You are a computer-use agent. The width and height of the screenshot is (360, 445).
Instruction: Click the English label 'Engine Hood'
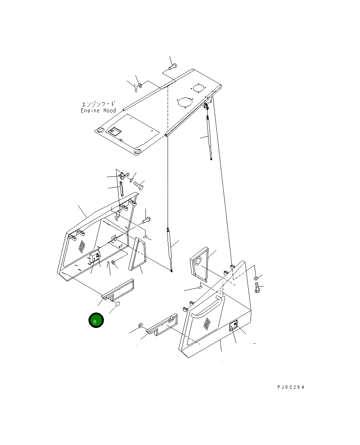(x=98, y=110)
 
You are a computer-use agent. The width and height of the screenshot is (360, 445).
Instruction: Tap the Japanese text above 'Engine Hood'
(x=98, y=104)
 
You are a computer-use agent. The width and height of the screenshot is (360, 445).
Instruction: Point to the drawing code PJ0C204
(x=291, y=387)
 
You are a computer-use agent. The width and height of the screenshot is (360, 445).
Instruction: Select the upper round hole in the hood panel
(x=198, y=88)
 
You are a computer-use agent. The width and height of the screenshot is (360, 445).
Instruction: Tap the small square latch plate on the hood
(x=114, y=132)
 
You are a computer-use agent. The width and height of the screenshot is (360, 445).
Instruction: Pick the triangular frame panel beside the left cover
(x=136, y=254)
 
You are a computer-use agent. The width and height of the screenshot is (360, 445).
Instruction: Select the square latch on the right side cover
(x=233, y=326)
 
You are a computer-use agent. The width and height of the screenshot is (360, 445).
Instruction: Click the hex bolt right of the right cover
(x=257, y=290)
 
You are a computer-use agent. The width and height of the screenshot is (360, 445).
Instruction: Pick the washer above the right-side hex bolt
(x=255, y=278)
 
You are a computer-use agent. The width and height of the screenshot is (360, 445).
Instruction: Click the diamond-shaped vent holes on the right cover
(x=206, y=323)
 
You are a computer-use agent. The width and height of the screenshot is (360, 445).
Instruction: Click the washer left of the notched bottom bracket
(x=140, y=325)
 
